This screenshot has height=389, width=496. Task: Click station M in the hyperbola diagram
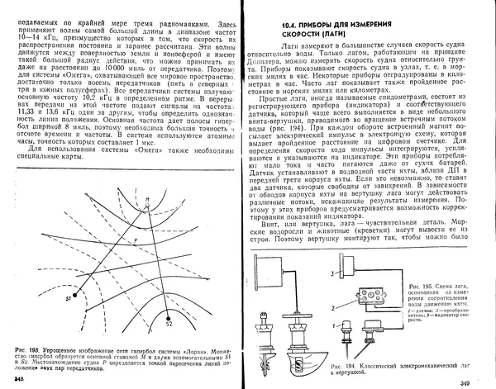click(146, 202)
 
